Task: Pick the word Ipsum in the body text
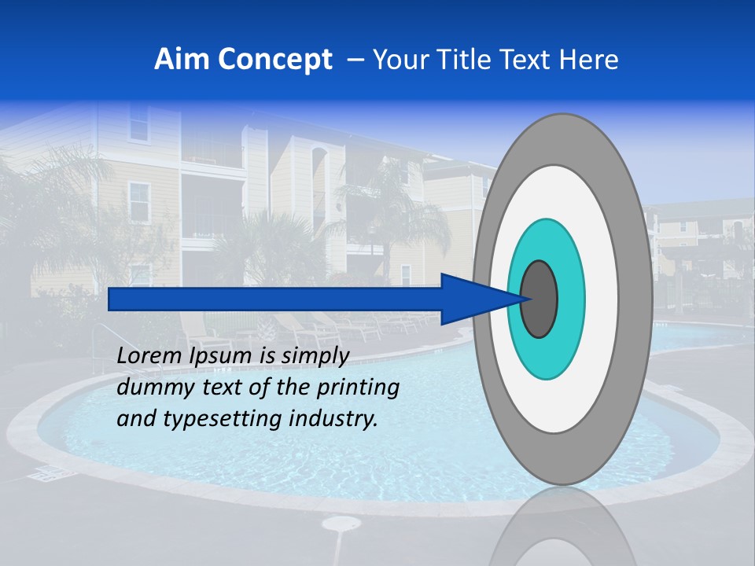point(222,356)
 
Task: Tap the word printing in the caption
point(358,388)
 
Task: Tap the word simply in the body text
point(315,356)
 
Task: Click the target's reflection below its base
point(562,531)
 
